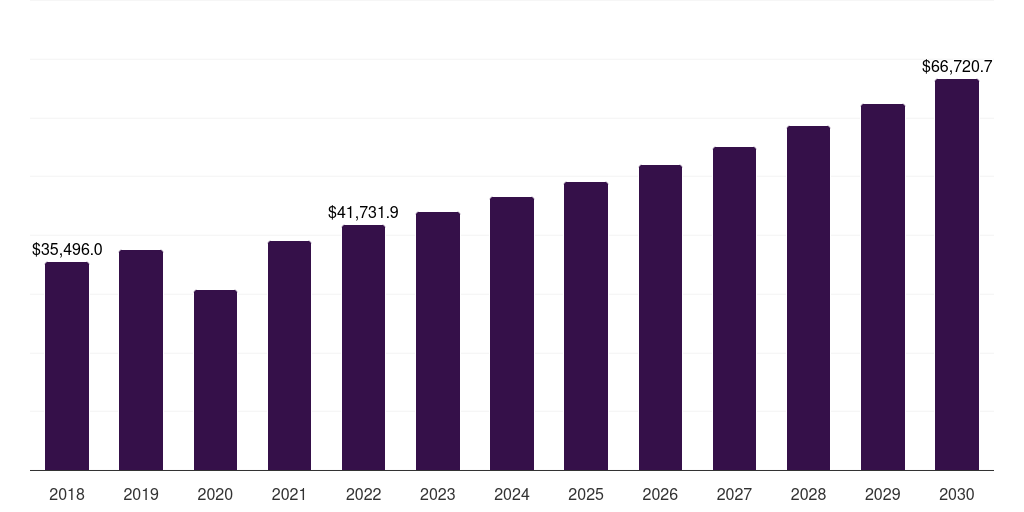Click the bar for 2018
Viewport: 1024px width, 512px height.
point(67,366)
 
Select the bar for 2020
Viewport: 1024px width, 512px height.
point(216,380)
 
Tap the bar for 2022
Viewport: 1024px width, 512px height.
point(363,347)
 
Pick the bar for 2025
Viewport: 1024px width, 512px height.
point(586,326)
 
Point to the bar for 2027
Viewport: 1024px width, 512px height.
point(734,308)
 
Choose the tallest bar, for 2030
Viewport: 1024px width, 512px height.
point(957,274)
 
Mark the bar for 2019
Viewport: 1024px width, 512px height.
point(141,360)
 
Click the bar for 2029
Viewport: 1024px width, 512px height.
point(883,287)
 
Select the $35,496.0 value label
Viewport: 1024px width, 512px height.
point(67,250)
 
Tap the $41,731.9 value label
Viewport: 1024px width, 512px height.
point(363,213)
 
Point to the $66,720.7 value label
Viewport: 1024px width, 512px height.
point(957,67)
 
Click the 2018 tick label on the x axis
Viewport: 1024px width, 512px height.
point(67,494)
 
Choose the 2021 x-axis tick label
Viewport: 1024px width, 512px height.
point(289,494)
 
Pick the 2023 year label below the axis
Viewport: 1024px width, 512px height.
point(438,494)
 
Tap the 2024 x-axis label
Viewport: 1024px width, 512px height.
point(512,494)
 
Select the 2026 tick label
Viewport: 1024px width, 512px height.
point(660,494)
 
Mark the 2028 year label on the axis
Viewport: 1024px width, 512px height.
point(808,494)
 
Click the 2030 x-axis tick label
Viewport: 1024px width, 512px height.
point(957,494)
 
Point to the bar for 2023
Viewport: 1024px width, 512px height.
point(438,341)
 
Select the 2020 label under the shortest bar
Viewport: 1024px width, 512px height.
point(215,494)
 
